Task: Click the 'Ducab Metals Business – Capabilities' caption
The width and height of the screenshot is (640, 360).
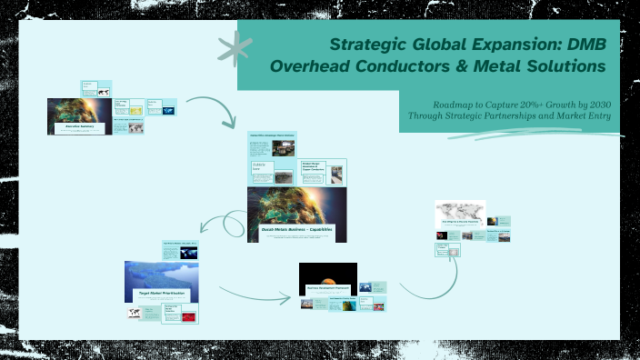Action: pyautogui.click(x=296, y=231)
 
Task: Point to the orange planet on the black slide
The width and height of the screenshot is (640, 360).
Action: pyautogui.click(x=328, y=272)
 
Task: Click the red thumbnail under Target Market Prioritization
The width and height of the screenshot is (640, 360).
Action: pyautogui.click(x=188, y=317)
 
